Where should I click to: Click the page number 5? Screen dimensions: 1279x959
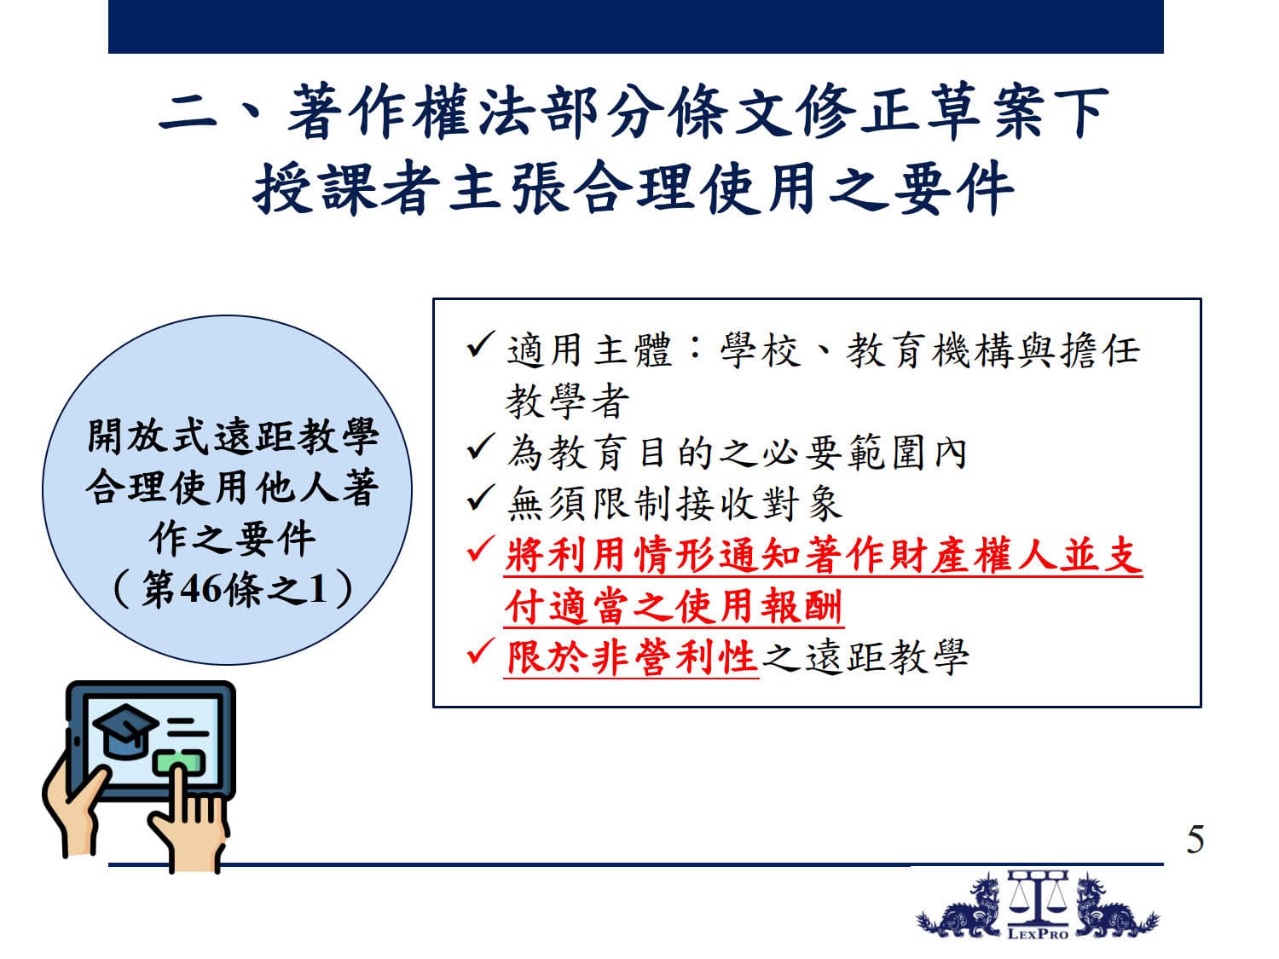[1195, 840]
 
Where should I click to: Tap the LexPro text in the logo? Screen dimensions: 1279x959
[1038, 934]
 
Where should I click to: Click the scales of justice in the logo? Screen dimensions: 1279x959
[1038, 898]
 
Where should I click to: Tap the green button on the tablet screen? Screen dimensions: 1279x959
[179, 762]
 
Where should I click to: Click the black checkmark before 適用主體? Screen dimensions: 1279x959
[480, 345]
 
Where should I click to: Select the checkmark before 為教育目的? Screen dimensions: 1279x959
[480, 448]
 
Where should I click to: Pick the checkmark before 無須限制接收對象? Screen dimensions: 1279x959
[480, 499]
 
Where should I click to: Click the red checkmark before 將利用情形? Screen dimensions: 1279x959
[480, 550]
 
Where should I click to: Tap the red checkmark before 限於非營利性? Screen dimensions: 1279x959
[480, 652]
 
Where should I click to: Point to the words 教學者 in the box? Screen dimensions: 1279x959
[568, 402]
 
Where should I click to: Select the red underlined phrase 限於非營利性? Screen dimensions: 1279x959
[632, 658]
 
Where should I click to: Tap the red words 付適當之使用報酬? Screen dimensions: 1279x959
[674, 607]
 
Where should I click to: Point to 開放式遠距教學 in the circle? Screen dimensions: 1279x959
[233, 436]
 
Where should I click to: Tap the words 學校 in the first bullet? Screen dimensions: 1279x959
[761, 350]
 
